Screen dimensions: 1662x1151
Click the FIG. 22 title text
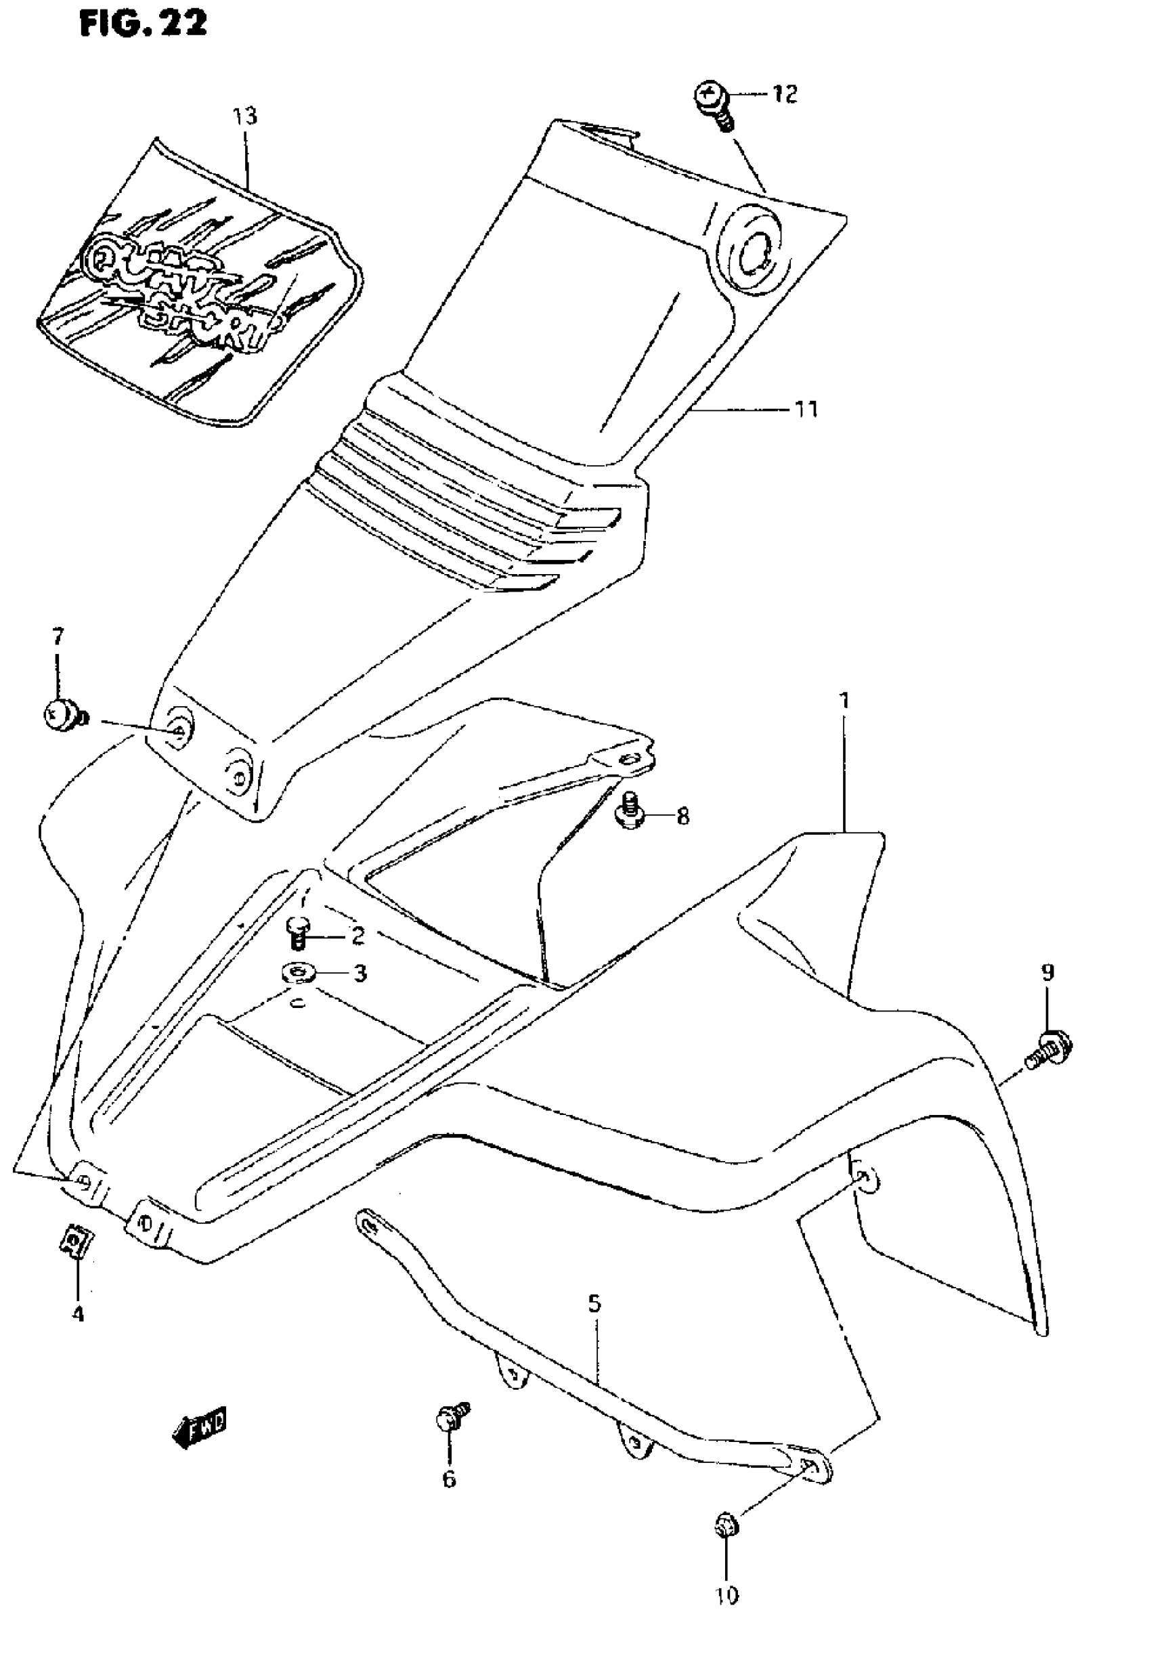point(143,24)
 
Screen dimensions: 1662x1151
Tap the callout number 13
point(244,116)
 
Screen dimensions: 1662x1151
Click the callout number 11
point(806,410)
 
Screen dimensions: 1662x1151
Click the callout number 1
point(844,700)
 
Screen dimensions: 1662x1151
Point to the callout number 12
point(785,93)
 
